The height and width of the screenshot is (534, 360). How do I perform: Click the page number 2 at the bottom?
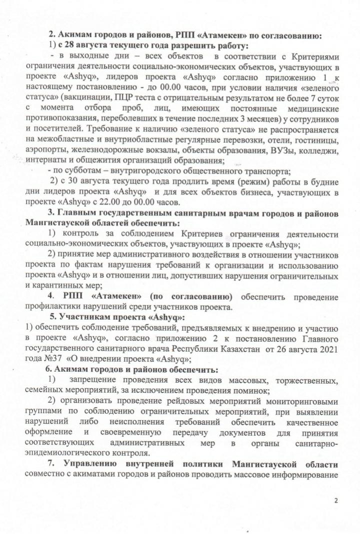(x=336, y=501)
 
